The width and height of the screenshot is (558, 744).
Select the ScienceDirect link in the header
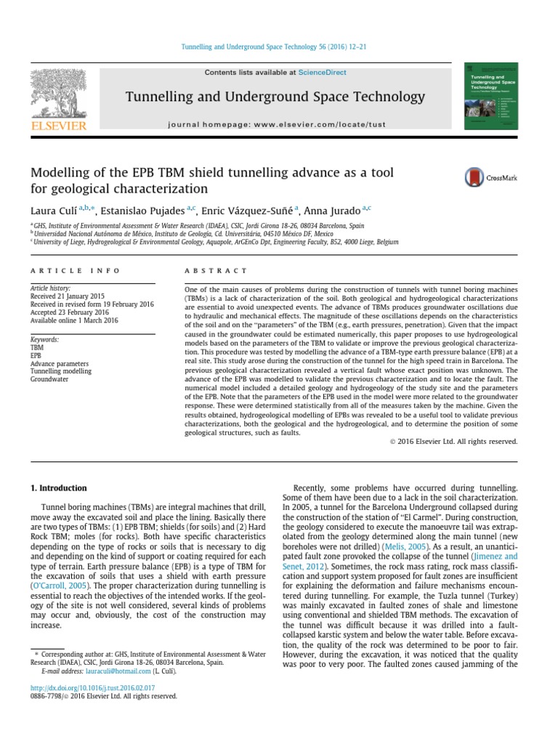click(x=321, y=73)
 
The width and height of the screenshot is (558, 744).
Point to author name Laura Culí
click(x=52, y=211)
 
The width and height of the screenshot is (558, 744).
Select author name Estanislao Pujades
click(x=144, y=211)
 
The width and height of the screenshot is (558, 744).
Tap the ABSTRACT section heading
click(x=216, y=271)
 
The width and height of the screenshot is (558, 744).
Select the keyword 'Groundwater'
click(x=50, y=379)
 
